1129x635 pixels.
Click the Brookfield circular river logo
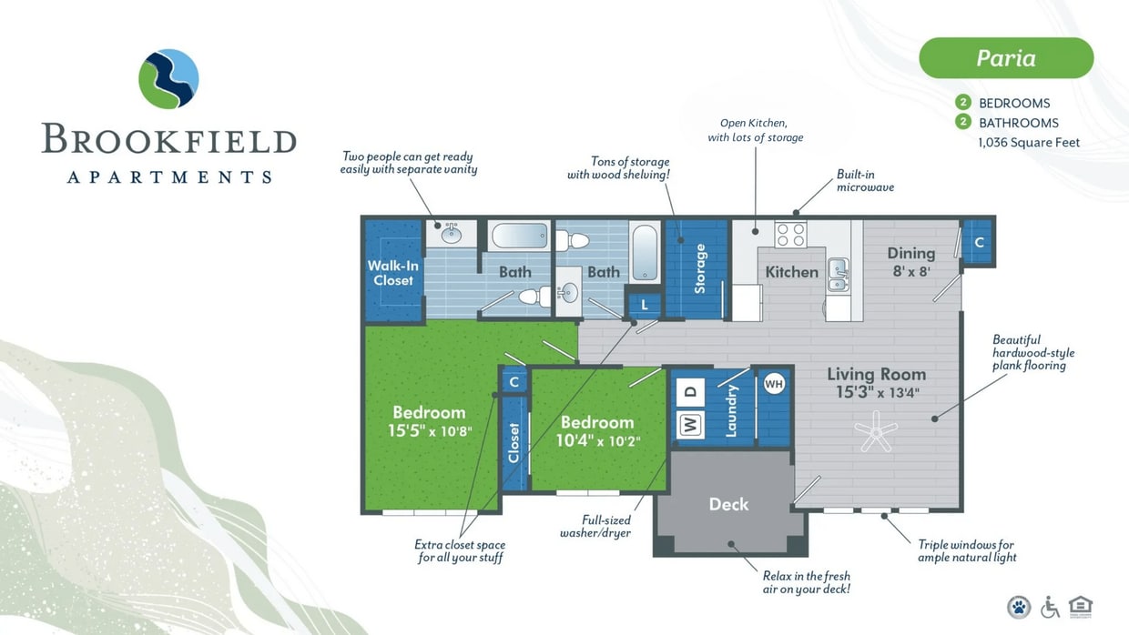168,79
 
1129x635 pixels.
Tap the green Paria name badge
1006,58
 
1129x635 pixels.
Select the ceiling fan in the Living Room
877,430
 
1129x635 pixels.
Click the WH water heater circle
774,384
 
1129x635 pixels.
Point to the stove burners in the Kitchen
790,235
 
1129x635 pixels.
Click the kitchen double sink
838,274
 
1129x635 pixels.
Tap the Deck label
729,504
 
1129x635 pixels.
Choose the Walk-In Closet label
393,273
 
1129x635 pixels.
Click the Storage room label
700,268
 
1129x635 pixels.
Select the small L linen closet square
645,305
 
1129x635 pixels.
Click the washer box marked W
689,425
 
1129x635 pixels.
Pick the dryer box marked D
689,392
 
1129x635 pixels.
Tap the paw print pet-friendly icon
1019,607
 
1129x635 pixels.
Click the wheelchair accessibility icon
1050,607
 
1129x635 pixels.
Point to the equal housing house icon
1081,606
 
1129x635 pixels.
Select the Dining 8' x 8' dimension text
911,270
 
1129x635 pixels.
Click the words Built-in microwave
865,180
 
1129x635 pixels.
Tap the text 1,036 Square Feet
1029,142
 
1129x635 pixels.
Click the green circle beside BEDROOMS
962,103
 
